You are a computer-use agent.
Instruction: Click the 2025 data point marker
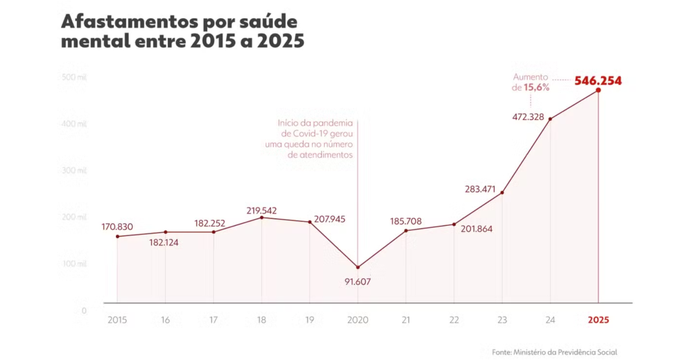click(x=598, y=90)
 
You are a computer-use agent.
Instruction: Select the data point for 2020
click(x=358, y=267)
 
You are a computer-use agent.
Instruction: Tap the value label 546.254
click(x=598, y=81)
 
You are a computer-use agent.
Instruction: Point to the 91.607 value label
click(x=358, y=281)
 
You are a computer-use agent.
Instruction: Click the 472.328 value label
click(x=531, y=117)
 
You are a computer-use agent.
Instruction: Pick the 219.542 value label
click(x=261, y=210)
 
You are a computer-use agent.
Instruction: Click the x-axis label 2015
click(x=117, y=320)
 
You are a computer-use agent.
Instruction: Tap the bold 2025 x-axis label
click(x=598, y=320)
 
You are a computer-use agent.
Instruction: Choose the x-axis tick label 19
click(x=310, y=320)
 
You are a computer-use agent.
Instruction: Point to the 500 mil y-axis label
click(x=75, y=77)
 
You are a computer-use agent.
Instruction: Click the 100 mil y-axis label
click(x=75, y=264)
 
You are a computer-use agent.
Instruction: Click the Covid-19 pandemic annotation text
click(x=315, y=139)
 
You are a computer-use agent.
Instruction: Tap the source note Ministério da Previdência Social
click(x=555, y=352)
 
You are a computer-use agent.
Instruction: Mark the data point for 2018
click(x=261, y=218)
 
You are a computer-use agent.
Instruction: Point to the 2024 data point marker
click(x=551, y=119)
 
